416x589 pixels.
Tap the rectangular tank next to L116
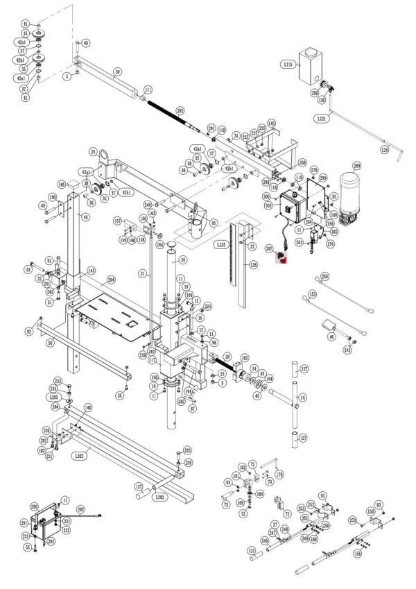(x=311, y=63)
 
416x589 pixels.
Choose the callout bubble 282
(x=180, y=110)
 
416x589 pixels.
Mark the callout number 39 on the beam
(x=117, y=72)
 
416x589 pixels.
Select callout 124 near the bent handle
(x=385, y=149)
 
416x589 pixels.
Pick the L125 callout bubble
(x=220, y=245)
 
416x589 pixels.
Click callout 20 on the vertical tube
(x=183, y=259)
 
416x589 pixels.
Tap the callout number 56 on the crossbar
(x=49, y=343)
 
